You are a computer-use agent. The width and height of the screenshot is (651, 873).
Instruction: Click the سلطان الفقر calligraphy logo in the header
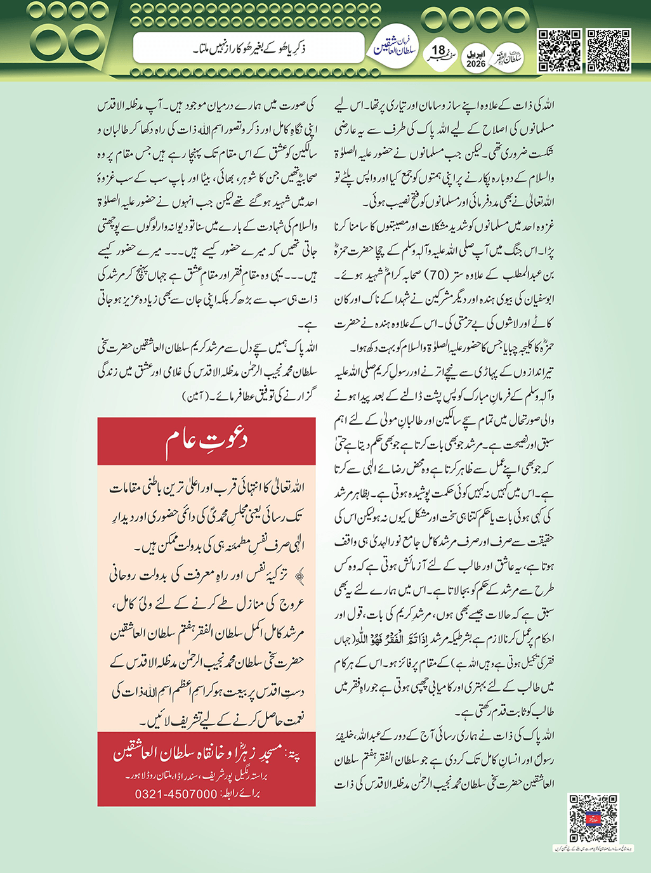point(508,58)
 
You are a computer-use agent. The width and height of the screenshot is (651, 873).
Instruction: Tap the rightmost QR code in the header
point(608,50)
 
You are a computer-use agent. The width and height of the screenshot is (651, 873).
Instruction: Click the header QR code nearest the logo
point(559,50)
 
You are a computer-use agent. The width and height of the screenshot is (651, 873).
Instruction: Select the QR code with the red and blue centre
point(593,818)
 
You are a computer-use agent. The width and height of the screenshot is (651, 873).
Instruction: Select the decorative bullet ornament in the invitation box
point(299,575)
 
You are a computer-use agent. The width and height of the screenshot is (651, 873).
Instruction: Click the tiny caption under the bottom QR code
point(593,848)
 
